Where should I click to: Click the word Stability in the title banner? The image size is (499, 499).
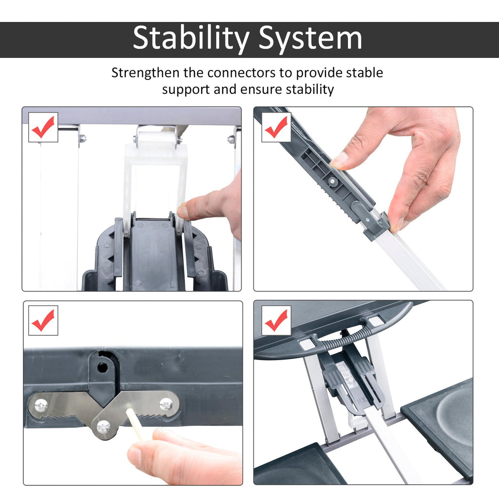tap(191, 39)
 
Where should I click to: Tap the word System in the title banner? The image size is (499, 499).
tap(310, 39)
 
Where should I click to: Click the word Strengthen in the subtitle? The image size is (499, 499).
tap(145, 73)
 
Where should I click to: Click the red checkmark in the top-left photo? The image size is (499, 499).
tap(43, 127)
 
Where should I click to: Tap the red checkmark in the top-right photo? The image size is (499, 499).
tap(276, 127)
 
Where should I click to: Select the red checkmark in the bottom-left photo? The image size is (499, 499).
tap(43, 320)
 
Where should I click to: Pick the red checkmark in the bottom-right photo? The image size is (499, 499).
tap(276, 320)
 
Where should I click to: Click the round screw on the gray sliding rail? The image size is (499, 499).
tap(332, 181)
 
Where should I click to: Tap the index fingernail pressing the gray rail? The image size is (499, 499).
tap(340, 159)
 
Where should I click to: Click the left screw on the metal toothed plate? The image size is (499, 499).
tap(40, 405)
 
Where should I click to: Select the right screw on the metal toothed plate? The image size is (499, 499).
tap(166, 404)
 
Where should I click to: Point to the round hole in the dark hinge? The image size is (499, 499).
tap(102, 367)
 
